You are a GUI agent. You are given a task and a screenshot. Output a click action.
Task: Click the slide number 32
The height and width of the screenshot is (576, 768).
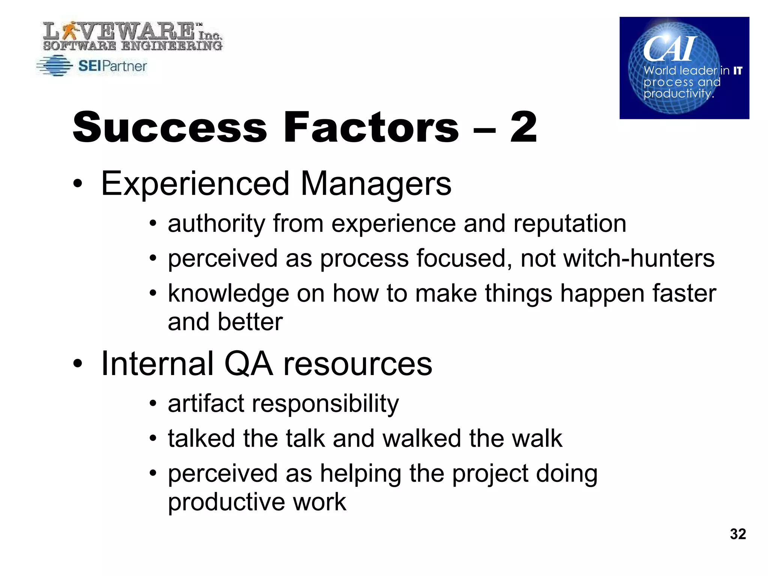pyautogui.click(x=738, y=534)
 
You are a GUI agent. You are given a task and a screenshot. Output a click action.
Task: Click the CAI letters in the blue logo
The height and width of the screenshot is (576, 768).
pyautogui.click(x=670, y=49)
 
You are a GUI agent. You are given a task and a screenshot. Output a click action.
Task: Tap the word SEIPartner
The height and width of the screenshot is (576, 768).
pyautogui.click(x=112, y=66)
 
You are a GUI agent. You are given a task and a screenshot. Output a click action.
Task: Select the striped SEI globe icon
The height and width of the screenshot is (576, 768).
pyautogui.click(x=55, y=66)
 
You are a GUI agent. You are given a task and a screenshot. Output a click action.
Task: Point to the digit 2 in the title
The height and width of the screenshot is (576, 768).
pyautogui.click(x=523, y=127)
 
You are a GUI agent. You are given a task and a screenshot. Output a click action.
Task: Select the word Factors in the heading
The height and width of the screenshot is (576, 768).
pyautogui.click(x=371, y=127)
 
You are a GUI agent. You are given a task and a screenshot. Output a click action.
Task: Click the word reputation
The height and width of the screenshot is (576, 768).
pyautogui.click(x=570, y=223)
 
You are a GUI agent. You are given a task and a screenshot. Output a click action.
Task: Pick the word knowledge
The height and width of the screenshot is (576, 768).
pyautogui.click(x=228, y=293)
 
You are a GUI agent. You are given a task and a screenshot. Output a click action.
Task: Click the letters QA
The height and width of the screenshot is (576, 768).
pyautogui.click(x=248, y=363)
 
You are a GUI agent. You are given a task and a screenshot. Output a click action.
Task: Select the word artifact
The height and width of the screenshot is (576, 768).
pyautogui.click(x=206, y=403)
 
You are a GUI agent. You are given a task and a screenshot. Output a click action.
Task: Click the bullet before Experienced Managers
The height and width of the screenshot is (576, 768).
pyautogui.click(x=77, y=184)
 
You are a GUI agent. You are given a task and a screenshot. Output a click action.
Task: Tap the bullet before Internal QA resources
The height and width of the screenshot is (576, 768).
pyautogui.click(x=77, y=363)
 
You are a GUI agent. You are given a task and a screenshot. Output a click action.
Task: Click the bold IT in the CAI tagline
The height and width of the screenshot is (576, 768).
pyautogui.click(x=738, y=70)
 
